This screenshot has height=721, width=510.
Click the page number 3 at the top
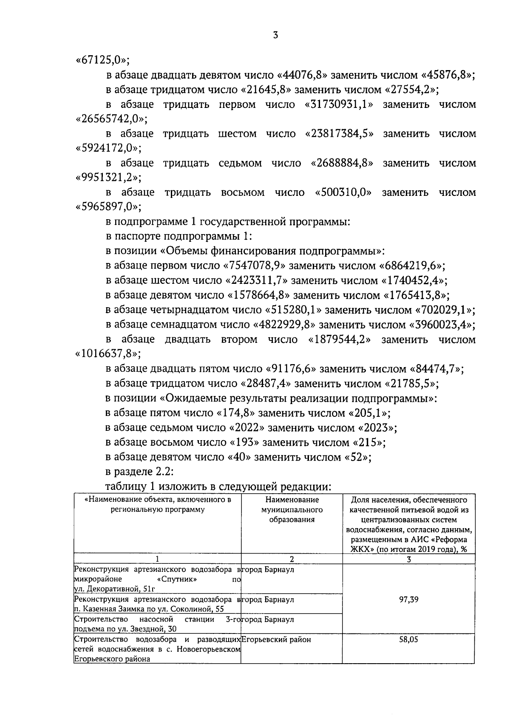275,36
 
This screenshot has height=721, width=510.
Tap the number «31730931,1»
339,105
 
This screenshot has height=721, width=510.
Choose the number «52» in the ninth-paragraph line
360,457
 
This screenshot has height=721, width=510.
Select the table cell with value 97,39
408,599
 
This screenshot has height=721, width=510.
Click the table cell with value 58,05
408,639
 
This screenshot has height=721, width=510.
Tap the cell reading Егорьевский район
276,639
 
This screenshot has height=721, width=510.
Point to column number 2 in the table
292,559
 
